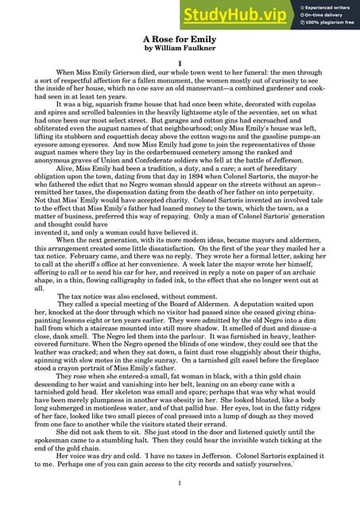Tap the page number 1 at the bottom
[180, 482]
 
